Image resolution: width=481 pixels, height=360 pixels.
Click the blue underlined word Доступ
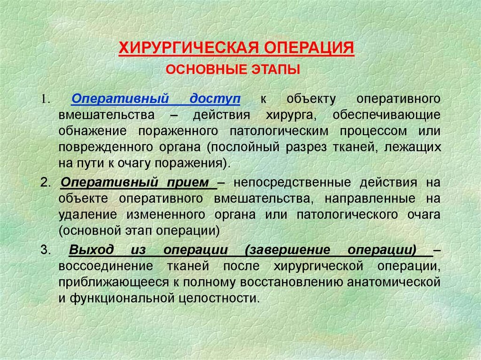pyautogui.click(x=215, y=100)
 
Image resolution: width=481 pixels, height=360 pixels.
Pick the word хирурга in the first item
pyautogui.click(x=287, y=115)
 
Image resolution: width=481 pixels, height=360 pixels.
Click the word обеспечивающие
pyautogui.click(x=387, y=115)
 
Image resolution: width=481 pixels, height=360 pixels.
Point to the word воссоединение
pyautogui.click(x=99, y=266)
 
